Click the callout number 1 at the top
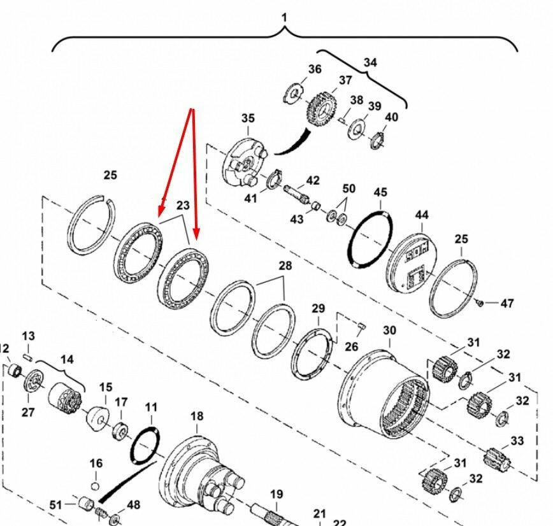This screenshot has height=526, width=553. [x=285, y=17]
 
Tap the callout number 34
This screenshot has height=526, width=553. [x=370, y=62]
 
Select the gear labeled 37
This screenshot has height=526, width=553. [x=320, y=110]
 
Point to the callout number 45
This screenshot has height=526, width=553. [x=380, y=192]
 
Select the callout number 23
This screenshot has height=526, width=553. [x=183, y=205]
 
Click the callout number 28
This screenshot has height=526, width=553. [x=285, y=266]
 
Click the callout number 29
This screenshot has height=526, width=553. [x=318, y=309]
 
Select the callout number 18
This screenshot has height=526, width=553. [x=197, y=416]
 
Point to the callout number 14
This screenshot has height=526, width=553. [x=67, y=359]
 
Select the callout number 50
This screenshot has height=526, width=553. [x=348, y=189]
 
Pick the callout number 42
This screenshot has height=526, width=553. [x=313, y=180]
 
